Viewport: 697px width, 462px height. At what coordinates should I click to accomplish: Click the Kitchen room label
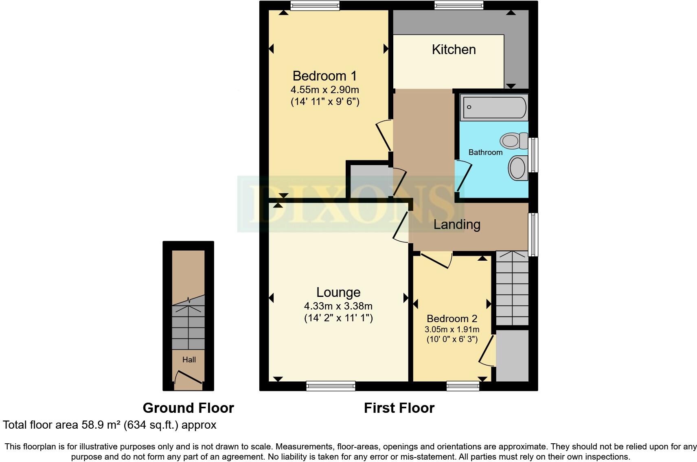[454, 50]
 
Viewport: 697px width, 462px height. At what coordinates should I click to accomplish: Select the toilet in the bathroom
[514, 141]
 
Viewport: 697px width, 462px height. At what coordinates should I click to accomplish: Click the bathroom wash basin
[518, 168]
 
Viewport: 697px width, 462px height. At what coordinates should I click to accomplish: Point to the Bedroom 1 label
[324, 76]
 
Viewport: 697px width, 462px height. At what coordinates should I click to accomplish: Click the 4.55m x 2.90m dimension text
[324, 89]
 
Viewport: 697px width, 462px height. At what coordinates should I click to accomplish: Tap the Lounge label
[338, 292]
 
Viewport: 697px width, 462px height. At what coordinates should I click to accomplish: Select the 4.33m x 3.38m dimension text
[338, 306]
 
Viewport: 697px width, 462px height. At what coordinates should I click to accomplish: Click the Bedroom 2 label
[452, 319]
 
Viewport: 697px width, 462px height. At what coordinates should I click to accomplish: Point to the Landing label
[457, 224]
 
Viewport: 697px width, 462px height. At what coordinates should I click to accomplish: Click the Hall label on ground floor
[189, 360]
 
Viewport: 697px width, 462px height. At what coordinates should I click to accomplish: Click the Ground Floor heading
[188, 408]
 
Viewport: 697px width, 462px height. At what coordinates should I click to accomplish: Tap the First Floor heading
[399, 408]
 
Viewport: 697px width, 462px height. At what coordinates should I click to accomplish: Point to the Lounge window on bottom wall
[331, 386]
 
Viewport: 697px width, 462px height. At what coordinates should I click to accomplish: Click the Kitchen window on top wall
[458, 5]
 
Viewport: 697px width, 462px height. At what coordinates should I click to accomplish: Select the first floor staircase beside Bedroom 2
[512, 289]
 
